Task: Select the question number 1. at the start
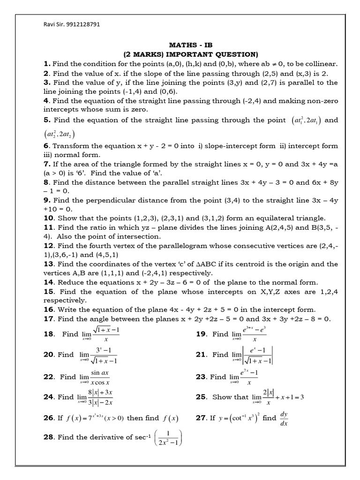(47, 64)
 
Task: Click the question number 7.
(46, 164)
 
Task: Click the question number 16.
(49, 309)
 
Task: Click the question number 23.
(202, 376)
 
